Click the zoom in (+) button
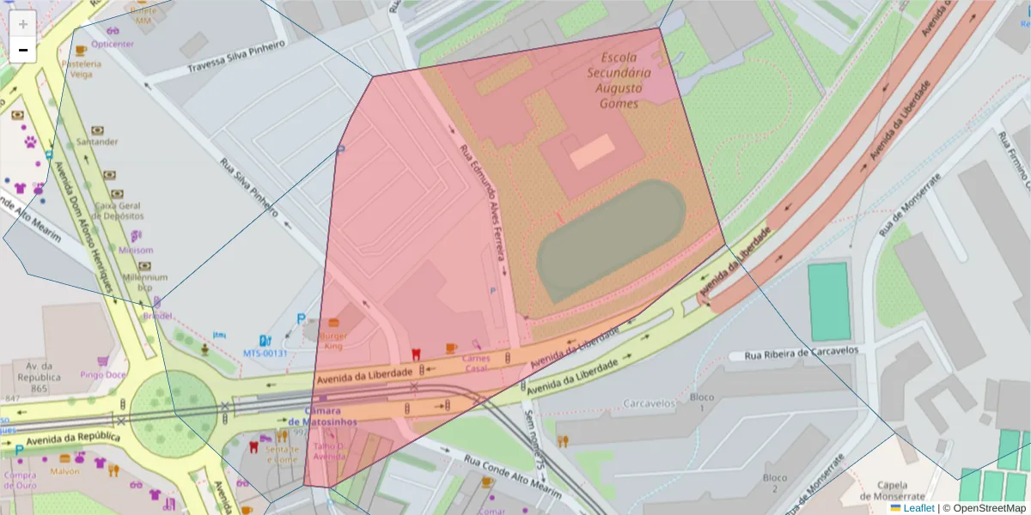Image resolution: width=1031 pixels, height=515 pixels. click(x=23, y=24)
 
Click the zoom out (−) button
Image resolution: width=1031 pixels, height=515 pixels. click(x=23, y=50)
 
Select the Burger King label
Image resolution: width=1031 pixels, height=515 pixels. click(x=332, y=342)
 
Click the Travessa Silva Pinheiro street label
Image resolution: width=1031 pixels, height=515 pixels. click(x=236, y=59)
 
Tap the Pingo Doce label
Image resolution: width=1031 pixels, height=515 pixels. click(x=103, y=374)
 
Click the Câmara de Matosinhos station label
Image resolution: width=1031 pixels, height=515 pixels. click(x=322, y=416)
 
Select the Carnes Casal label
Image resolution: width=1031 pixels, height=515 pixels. click(x=476, y=363)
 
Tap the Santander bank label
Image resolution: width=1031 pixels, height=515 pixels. click(x=97, y=142)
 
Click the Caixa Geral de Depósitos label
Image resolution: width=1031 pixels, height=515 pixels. click(x=118, y=211)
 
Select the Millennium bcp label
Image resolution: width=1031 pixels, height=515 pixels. click(x=144, y=282)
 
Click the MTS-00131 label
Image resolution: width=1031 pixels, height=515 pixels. click(x=265, y=353)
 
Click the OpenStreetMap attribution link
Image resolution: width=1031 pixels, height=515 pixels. click(x=989, y=508)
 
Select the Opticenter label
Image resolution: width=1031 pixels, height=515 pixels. click(x=113, y=44)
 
